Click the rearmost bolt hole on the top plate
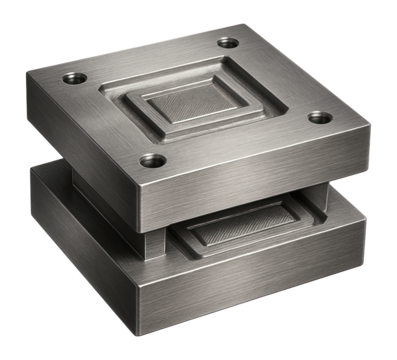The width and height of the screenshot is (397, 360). (x=228, y=43)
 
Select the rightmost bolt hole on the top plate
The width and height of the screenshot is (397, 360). (x=319, y=117)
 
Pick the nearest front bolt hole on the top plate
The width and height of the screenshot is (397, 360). (x=153, y=160)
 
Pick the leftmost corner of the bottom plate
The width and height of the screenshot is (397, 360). (x=31, y=170)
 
